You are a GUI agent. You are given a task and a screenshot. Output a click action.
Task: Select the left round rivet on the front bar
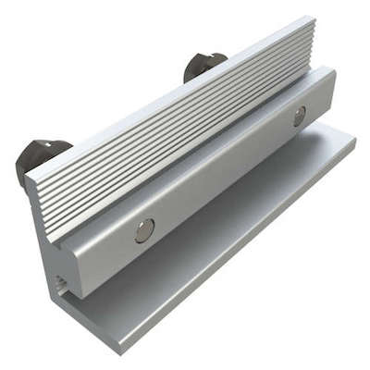pyautogui.click(x=144, y=230)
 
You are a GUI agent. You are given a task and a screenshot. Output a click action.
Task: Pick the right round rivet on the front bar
pyautogui.click(x=299, y=115)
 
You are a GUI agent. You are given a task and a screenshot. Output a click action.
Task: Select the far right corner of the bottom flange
pyautogui.click(x=354, y=141)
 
